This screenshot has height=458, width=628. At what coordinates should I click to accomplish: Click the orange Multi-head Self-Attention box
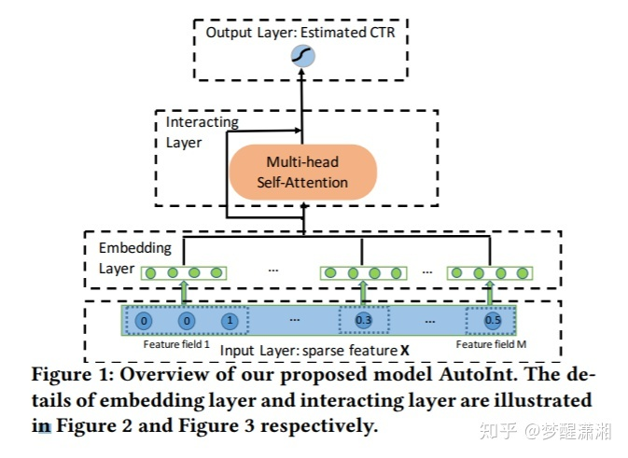[x=302, y=171]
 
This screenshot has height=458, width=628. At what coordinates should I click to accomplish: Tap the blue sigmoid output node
[x=302, y=57]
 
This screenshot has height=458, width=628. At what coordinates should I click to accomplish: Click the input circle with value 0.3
[x=362, y=321]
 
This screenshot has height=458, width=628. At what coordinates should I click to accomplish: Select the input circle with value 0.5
[x=492, y=321]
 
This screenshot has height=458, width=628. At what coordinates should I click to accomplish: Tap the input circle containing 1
[x=229, y=321]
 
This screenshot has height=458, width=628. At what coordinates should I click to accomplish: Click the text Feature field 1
[x=171, y=344]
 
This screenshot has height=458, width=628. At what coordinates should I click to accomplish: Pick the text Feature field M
[x=491, y=344]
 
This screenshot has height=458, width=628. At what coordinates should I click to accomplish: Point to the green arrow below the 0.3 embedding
[x=362, y=293]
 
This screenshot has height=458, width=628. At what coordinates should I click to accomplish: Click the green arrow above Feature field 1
[x=184, y=293]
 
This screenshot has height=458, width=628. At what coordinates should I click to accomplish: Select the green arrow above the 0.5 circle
[x=492, y=293]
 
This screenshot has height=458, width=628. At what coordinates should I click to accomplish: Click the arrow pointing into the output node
[x=302, y=89]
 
